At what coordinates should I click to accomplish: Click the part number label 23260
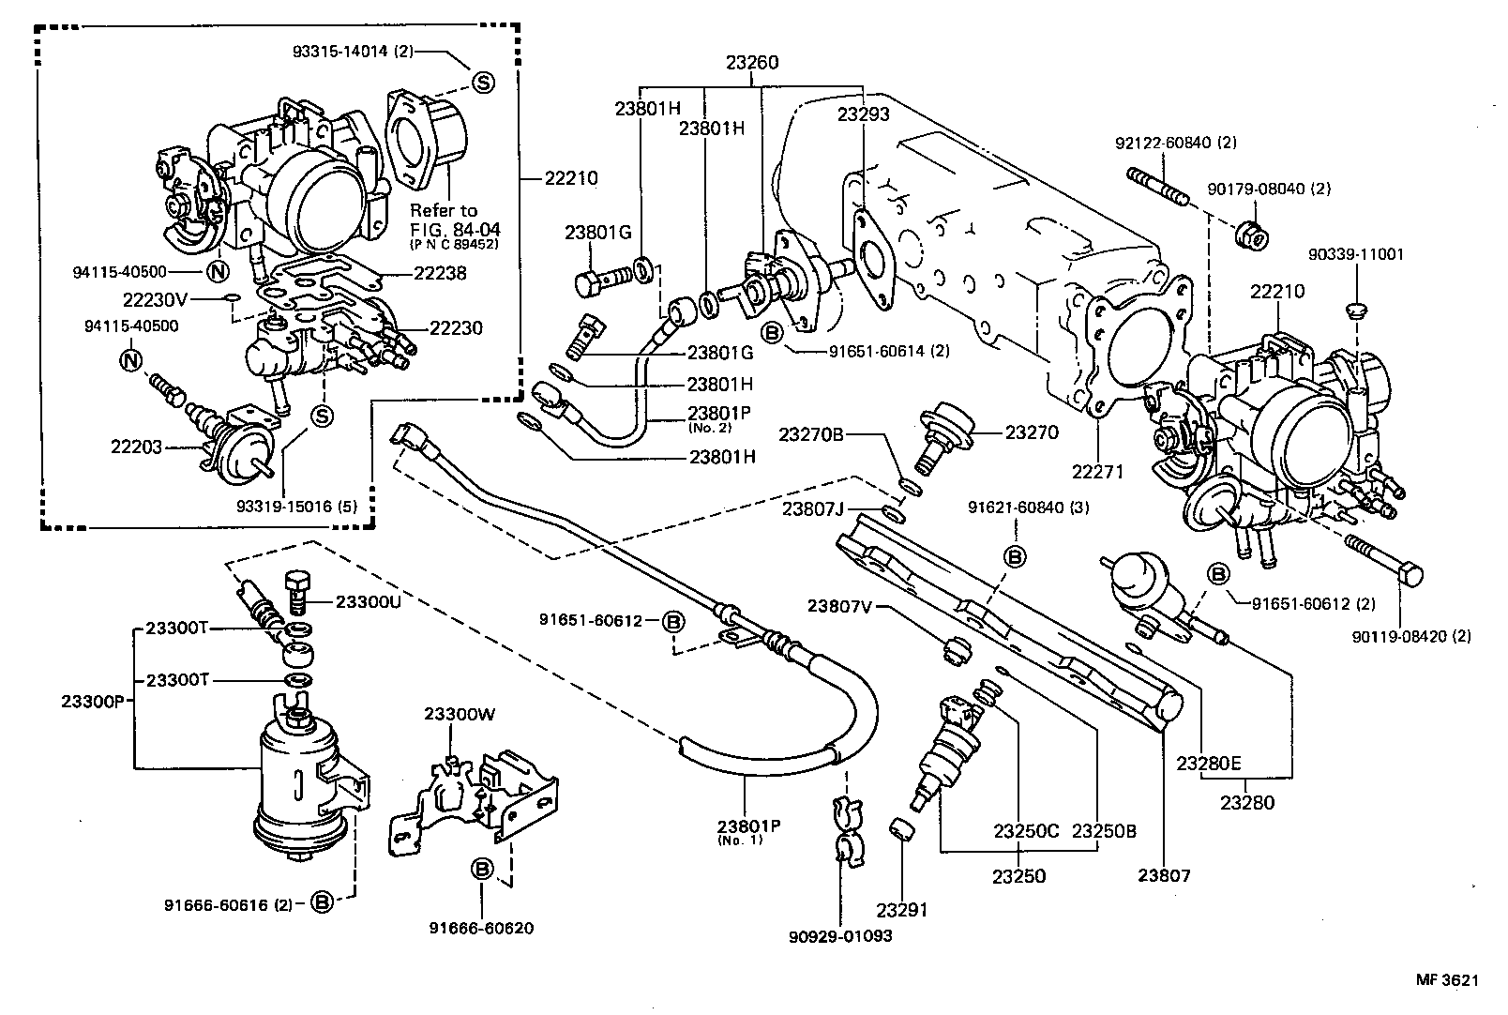pyautogui.click(x=751, y=64)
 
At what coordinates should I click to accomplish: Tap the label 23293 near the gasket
pyautogui.click(x=864, y=114)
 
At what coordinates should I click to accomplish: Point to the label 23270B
pyautogui.click(x=811, y=433)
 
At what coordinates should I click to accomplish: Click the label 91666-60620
pyautogui.click(x=481, y=928)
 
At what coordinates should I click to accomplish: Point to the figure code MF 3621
pyautogui.click(x=1446, y=980)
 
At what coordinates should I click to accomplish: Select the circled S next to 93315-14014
pyautogui.click(x=482, y=83)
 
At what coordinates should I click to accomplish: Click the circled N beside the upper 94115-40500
pyautogui.click(x=216, y=272)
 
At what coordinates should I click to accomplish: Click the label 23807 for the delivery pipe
pyautogui.click(x=1164, y=876)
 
